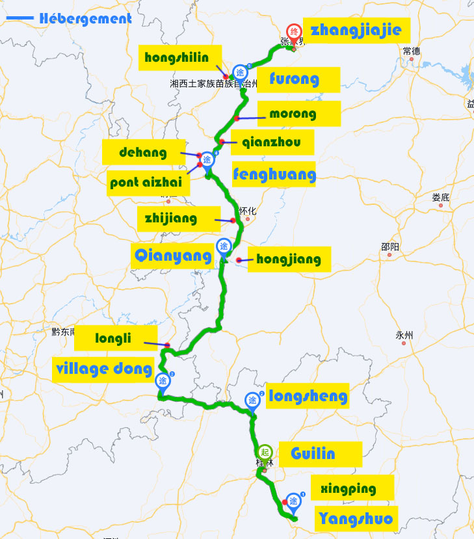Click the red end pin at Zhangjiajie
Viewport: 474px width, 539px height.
[294, 33]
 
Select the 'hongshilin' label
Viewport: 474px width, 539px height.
[177, 57]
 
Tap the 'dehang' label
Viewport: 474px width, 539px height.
[143, 153]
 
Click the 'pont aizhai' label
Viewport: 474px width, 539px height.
[150, 182]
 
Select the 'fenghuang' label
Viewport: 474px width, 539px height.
[274, 174]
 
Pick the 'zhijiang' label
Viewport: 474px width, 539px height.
[172, 218]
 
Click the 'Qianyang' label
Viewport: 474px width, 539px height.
[173, 256]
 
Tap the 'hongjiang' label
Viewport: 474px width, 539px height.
[289, 259]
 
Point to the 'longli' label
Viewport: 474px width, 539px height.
[113, 338]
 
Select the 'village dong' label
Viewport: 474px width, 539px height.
[104, 369]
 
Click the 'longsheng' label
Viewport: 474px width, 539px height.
[308, 395]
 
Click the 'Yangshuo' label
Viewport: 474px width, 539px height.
[356, 518]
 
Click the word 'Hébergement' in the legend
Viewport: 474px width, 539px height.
[85, 18]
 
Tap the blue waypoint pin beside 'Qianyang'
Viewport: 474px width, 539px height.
[224, 247]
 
